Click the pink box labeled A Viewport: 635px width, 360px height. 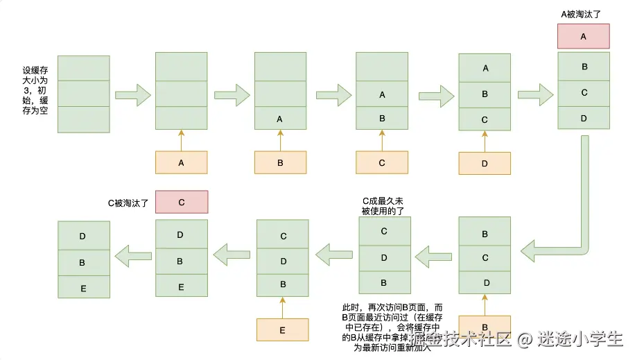coord(583,36)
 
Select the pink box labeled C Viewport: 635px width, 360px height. coord(181,203)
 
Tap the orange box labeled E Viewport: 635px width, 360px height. coord(282,330)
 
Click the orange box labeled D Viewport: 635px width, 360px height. coord(485,164)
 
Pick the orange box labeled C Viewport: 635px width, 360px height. coord(382,163)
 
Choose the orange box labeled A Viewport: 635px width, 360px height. coord(181,163)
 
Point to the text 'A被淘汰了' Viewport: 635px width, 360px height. coord(583,14)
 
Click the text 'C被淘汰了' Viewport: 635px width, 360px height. coord(128,203)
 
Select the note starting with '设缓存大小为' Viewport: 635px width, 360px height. coord(35,90)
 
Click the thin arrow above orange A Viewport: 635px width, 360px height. coord(181,140)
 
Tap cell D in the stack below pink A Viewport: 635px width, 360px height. coord(584,118)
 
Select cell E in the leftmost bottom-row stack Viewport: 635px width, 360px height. coord(83,287)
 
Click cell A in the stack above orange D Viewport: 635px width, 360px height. coord(485,68)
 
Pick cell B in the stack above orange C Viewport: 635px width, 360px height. coord(382,119)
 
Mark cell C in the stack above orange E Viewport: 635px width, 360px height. coord(284,237)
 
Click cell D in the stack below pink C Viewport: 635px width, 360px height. coord(181,235)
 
